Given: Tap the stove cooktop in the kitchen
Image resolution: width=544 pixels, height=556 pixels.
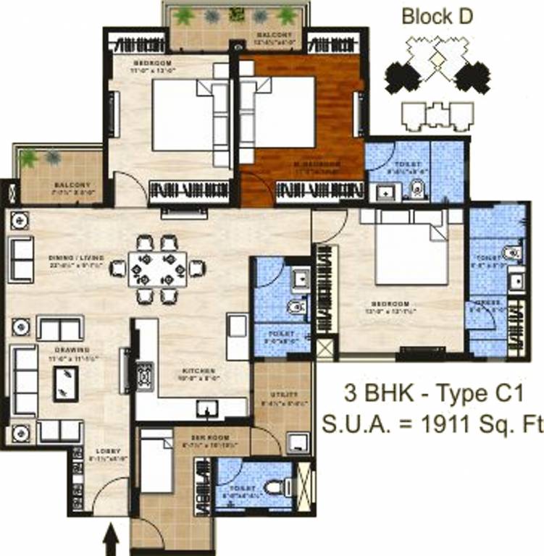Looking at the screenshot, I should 143,375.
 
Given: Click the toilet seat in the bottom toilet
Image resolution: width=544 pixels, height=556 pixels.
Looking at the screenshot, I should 276,488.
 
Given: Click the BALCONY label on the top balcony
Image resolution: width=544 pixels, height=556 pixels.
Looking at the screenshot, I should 274,35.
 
